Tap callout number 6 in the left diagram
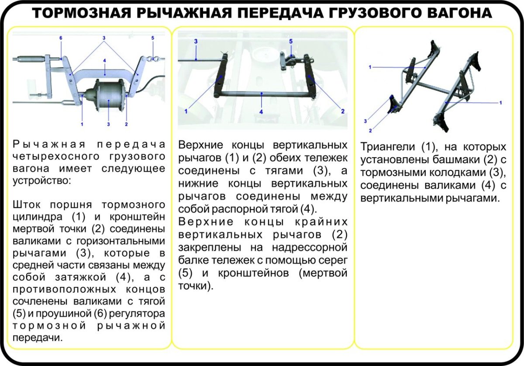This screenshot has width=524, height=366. click(x=61, y=38)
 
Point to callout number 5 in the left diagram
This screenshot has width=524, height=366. click(x=152, y=38)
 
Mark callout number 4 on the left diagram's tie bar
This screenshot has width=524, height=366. click(x=105, y=61)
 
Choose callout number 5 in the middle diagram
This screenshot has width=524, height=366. click(x=290, y=41)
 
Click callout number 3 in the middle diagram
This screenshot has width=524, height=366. click(x=196, y=41)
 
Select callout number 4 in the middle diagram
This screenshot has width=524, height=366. click(x=261, y=112)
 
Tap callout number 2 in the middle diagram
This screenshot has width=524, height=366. click(x=343, y=111)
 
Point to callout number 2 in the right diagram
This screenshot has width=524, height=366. click(x=370, y=130)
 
